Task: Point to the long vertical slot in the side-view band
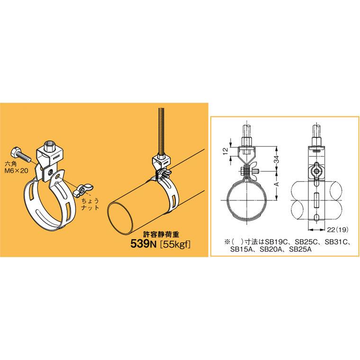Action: point(316,201)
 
